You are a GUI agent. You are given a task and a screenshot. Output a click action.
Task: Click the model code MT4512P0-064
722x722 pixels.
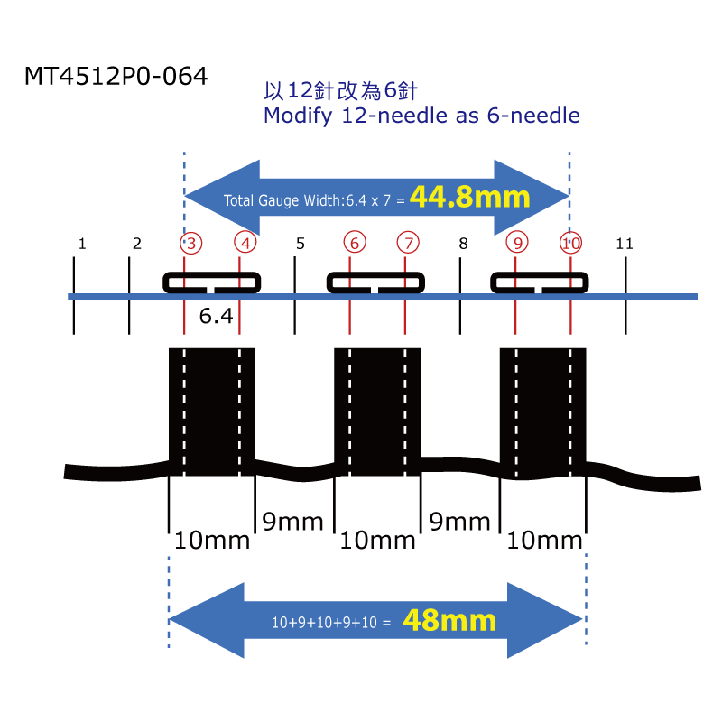pyautogui.click(x=116, y=77)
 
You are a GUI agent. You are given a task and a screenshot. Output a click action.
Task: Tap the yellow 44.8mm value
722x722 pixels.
pyautogui.click(x=469, y=196)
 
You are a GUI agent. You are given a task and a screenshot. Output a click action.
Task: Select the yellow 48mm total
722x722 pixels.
pyautogui.click(x=449, y=620)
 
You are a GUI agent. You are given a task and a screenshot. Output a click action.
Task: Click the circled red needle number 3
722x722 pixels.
pyautogui.click(x=190, y=243)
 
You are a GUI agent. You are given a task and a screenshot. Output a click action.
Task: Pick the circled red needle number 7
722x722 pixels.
pyautogui.click(x=409, y=243)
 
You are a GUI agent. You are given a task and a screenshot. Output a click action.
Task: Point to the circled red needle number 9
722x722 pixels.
pyautogui.click(x=516, y=243)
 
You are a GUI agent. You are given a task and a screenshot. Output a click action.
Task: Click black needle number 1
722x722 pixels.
pyautogui.click(x=82, y=244)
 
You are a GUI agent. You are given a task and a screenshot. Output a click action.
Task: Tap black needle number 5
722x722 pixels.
pyautogui.click(x=300, y=244)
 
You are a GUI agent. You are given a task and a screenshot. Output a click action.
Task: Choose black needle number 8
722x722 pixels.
pyautogui.click(x=463, y=244)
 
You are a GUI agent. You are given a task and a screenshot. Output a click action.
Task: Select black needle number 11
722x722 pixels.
pyautogui.click(x=624, y=244)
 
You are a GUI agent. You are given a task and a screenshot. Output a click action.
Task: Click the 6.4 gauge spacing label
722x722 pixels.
pyautogui.click(x=216, y=316)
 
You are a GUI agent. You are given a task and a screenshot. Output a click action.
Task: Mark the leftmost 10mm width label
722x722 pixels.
pyautogui.click(x=212, y=541)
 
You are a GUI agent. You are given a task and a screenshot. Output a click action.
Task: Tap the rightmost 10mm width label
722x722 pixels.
pyautogui.click(x=544, y=541)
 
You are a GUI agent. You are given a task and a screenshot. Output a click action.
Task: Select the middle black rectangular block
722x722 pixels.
pyautogui.click(x=377, y=412)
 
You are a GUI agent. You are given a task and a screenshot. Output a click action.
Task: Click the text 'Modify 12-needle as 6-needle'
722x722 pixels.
pyautogui.click(x=421, y=116)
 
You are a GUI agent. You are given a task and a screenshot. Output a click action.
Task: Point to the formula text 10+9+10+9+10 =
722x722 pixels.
pyautogui.click(x=331, y=622)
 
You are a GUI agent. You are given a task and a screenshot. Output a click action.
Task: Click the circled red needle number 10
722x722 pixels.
pyautogui.click(x=570, y=243)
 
